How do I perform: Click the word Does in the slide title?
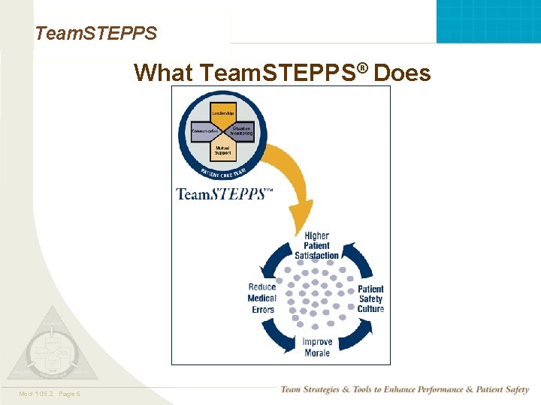click(402, 73)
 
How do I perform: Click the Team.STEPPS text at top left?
click(96, 33)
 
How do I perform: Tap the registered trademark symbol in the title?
click(363, 67)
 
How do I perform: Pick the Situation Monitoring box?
click(241, 130)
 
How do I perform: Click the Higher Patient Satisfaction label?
click(316, 246)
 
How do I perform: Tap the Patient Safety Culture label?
click(370, 298)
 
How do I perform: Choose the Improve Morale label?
click(317, 347)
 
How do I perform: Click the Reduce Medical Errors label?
click(262, 298)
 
